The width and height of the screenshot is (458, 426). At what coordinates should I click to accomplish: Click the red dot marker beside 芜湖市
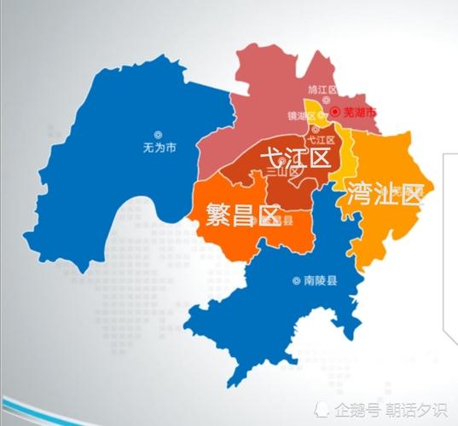[x=335, y=112]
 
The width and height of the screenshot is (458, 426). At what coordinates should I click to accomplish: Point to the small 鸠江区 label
[x=322, y=89]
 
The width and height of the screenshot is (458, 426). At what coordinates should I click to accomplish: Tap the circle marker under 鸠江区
[x=316, y=101]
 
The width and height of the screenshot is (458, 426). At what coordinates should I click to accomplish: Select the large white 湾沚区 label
[x=385, y=194]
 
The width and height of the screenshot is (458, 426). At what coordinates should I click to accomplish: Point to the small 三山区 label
[x=283, y=171]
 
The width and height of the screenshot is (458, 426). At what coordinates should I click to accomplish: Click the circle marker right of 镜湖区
[x=322, y=116]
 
